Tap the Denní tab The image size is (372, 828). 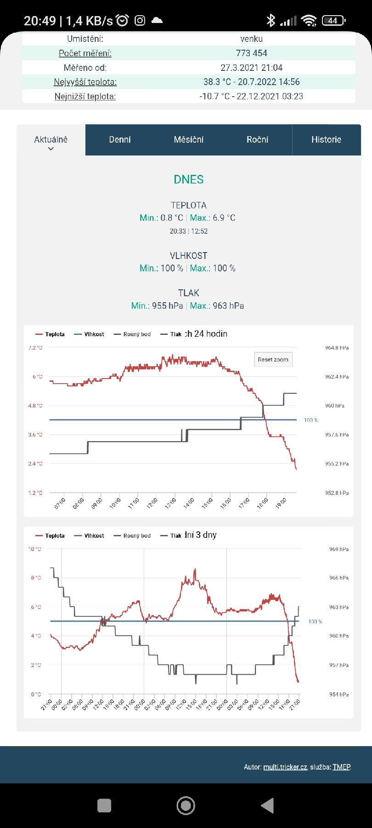(120, 139)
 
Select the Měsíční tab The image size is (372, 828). (189, 139)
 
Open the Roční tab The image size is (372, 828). (257, 139)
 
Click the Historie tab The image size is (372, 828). (326, 139)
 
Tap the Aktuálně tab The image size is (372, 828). (51, 140)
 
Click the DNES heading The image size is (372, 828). (189, 179)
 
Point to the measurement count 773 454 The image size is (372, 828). (252, 53)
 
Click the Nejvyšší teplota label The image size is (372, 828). (85, 82)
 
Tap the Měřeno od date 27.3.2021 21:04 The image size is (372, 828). (251, 68)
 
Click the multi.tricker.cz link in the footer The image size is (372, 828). (285, 767)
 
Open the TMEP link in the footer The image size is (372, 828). (341, 767)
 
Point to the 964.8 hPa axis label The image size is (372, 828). (337, 348)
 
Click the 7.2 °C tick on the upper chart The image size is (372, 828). (35, 348)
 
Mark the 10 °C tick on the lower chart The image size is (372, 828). (35, 549)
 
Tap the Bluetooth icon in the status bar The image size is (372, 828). (271, 20)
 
